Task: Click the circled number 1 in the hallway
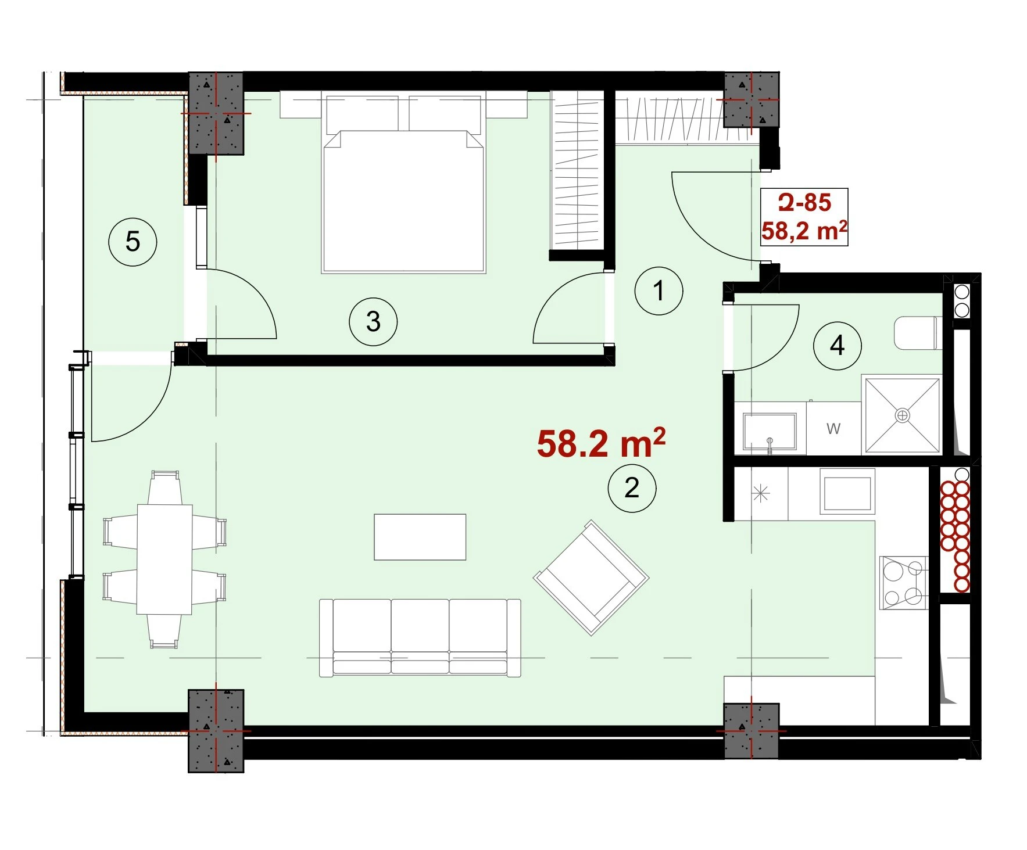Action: tap(659, 290)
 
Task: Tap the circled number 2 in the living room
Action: tap(632, 488)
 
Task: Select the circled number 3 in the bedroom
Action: tap(373, 321)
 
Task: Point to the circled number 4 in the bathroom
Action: tap(837, 346)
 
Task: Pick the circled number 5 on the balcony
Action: tap(133, 242)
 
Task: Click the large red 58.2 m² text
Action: tap(601, 443)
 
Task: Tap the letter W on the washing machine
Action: tap(833, 429)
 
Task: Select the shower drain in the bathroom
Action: tap(902, 415)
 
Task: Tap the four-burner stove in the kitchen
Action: tap(903, 582)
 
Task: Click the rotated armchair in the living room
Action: tap(591, 578)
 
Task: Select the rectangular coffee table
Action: tap(420, 537)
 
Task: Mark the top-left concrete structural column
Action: tap(216, 113)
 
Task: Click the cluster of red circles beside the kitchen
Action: tap(955, 536)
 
